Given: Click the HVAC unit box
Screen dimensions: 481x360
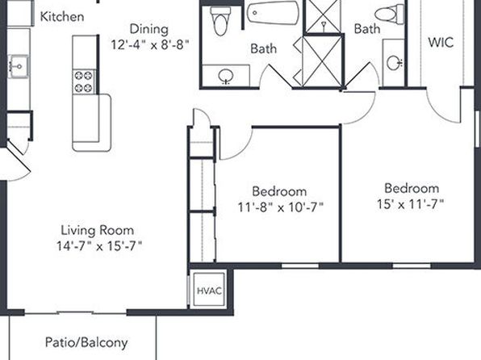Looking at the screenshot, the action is (209, 290).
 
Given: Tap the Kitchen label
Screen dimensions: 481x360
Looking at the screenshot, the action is (62, 17).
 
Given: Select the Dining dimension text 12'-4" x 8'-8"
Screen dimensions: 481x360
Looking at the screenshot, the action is (149, 45).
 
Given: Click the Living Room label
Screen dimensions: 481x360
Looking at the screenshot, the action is (97, 230).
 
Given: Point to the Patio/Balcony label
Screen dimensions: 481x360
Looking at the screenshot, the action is (86, 342).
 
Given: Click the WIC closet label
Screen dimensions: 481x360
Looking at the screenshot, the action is (441, 42).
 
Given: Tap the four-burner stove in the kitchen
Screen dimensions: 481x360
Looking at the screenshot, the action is (84, 82).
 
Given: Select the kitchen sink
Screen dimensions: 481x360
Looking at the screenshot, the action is (19, 66).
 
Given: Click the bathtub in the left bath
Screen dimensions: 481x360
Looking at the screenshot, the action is (273, 13).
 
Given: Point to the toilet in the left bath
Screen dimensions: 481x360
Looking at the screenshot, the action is (220, 21).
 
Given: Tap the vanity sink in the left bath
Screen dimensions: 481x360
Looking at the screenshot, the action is (226, 76).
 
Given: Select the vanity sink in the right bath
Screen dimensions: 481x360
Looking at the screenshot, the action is (395, 63).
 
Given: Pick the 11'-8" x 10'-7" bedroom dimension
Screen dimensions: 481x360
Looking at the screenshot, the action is (281, 207).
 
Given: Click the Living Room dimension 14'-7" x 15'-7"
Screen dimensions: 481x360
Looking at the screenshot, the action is (99, 246).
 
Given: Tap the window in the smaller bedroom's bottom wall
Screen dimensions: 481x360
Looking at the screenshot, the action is (300, 266).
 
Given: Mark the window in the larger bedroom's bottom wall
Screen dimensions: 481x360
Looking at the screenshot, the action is (412, 266).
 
